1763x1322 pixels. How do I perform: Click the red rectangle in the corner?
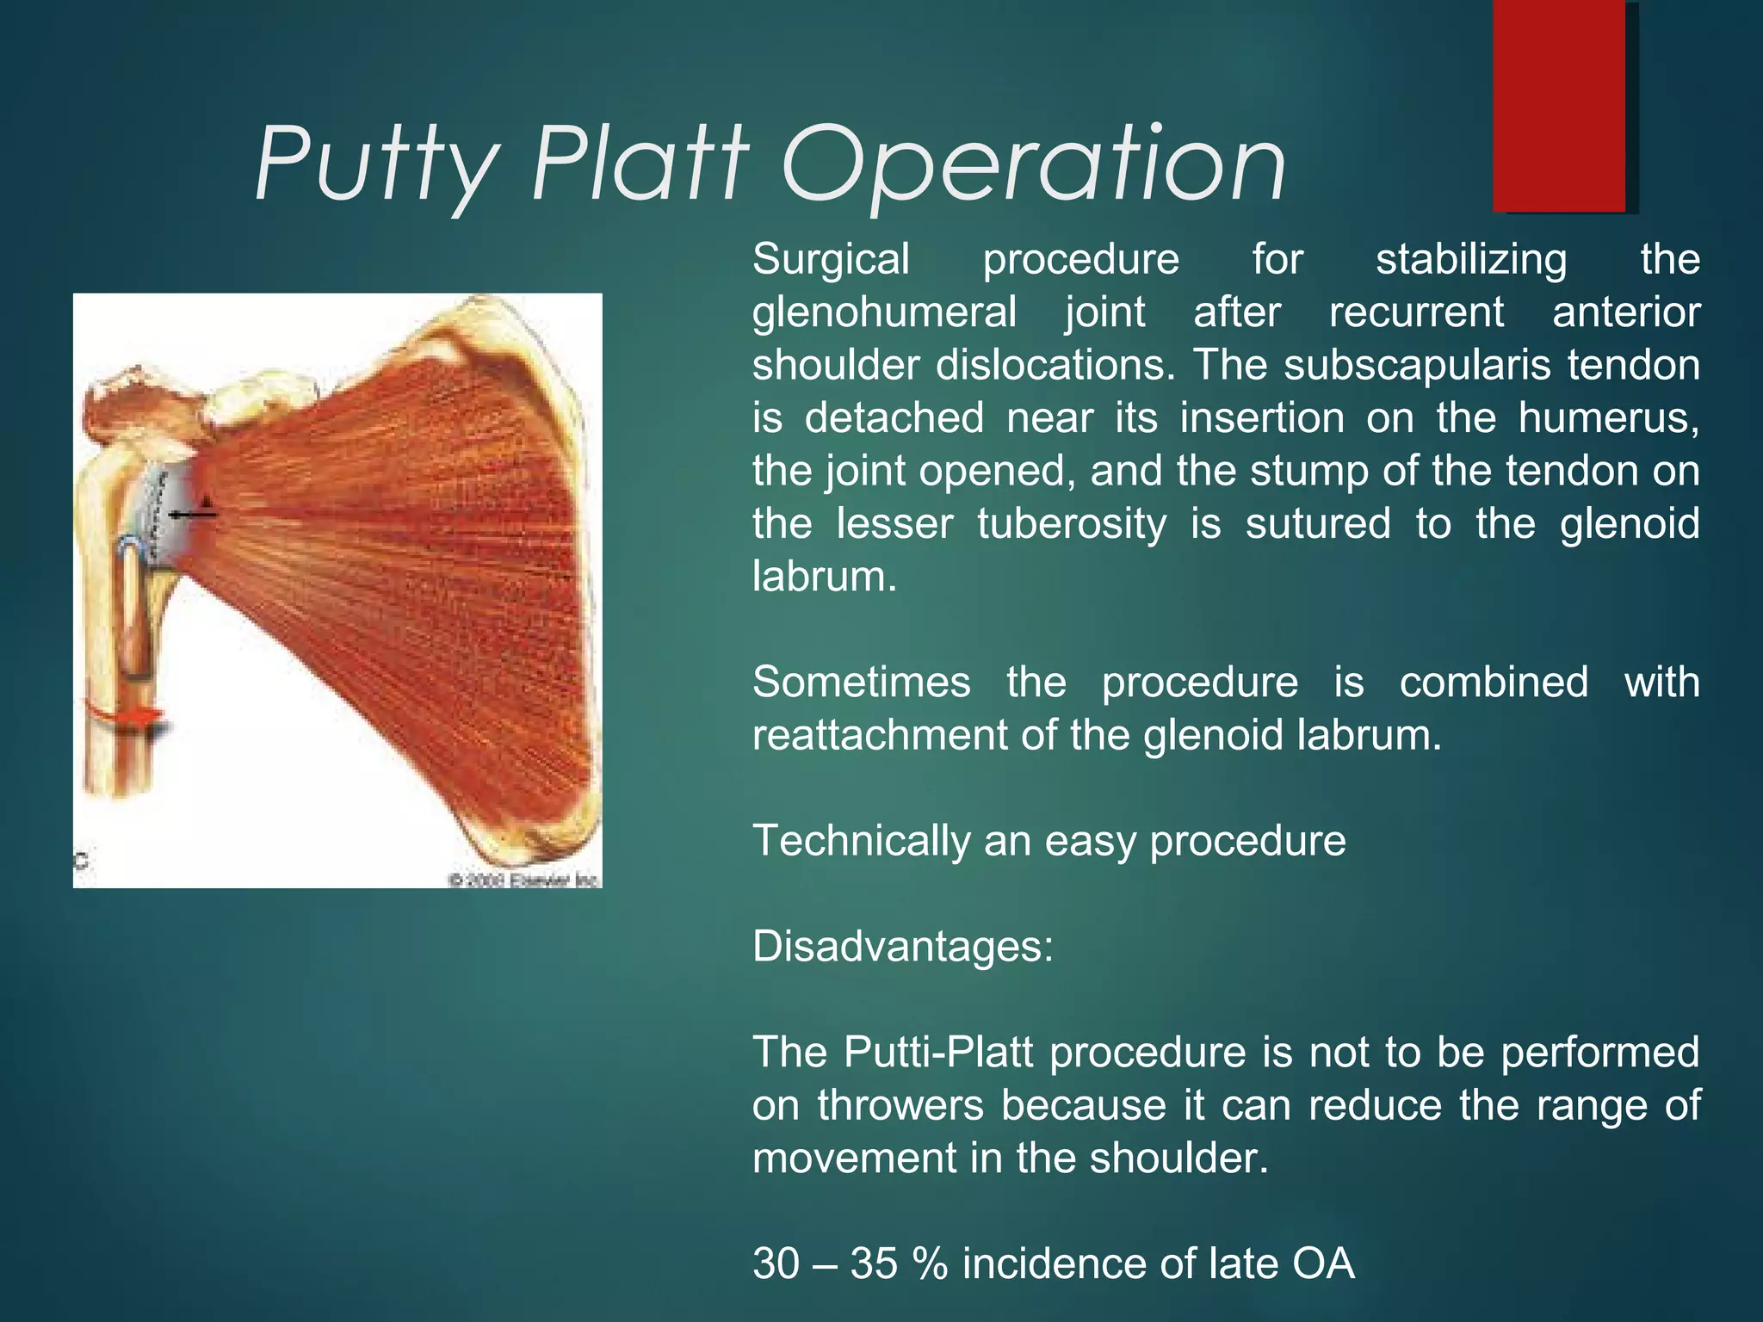click(x=1559, y=105)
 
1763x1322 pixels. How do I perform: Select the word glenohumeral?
click(x=883, y=312)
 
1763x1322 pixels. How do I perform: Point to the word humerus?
click(x=1607, y=418)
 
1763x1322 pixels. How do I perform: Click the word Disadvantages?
click(x=902, y=947)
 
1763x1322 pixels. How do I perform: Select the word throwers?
click(x=900, y=1105)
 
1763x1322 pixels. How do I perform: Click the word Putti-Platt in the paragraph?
click(x=937, y=1052)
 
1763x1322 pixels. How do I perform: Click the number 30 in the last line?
click(x=776, y=1263)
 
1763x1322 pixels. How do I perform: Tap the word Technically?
click(x=861, y=841)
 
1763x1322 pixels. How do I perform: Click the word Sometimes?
click(x=861, y=683)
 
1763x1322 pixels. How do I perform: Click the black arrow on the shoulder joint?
click(x=193, y=514)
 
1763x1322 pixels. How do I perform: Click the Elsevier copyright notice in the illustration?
click(x=523, y=880)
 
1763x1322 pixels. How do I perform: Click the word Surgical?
click(x=831, y=259)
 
